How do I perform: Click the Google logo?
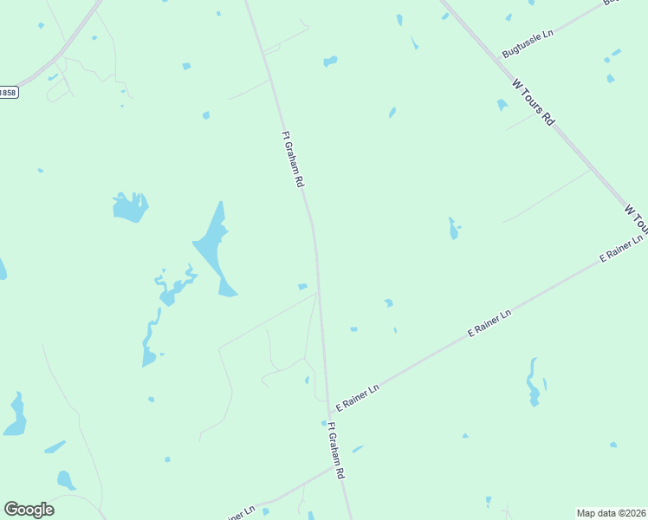(x=29, y=510)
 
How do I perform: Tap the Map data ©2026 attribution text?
(x=611, y=513)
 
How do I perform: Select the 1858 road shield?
(x=7, y=92)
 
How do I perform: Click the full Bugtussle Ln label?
(x=527, y=45)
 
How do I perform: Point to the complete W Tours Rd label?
(x=533, y=102)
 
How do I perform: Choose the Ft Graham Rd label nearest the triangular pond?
(x=294, y=159)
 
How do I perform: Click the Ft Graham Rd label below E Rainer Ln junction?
(x=336, y=451)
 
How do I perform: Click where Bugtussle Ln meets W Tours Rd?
(x=493, y=62)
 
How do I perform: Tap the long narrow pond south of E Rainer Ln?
(x=534, y=382)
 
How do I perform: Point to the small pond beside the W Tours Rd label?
(x=502, y=105)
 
